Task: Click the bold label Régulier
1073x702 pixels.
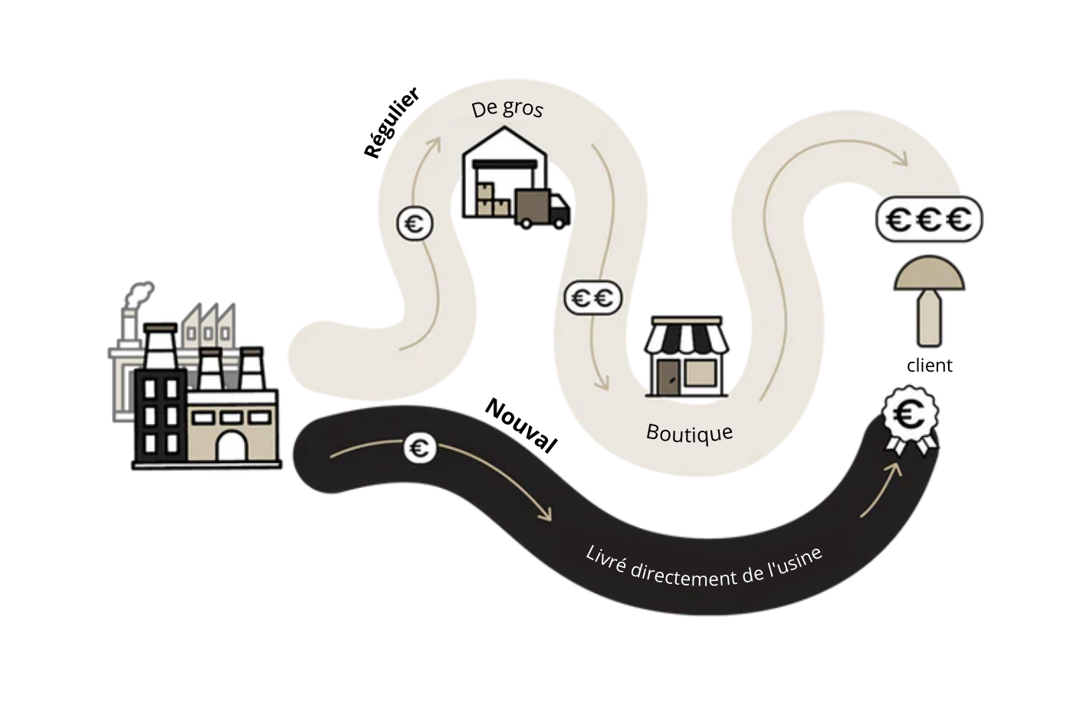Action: [x=392, y=123]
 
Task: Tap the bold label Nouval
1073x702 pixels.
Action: [x=521, y=426]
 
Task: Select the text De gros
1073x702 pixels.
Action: [x=507, y=108]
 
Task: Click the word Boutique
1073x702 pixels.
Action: [x=689, y=433]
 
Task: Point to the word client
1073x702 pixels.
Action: [x=929, y=366]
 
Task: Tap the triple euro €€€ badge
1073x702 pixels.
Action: [x=929, y=220]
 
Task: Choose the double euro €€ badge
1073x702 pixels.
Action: [x=593, y=298]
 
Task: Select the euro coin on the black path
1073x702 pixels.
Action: [x=420, y=448]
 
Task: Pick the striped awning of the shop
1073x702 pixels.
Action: [x=686, y=337]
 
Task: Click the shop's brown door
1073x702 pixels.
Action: [x=668, y=376]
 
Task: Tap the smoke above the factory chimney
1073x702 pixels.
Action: [x=139, y=295]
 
